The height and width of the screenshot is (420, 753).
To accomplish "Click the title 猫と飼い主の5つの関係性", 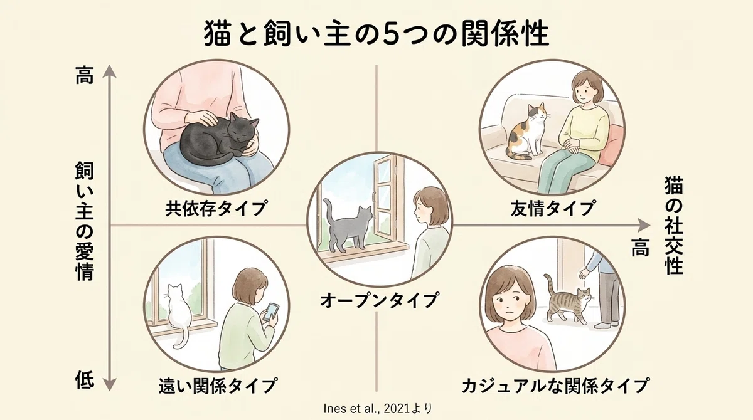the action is click(376, 34).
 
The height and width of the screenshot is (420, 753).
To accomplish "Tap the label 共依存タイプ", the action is click(216, 208).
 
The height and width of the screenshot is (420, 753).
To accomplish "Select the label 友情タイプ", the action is click(553, 208).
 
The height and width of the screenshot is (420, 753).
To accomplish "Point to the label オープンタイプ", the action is click(379, 300).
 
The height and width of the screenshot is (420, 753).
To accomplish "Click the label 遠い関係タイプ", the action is click(218, 386).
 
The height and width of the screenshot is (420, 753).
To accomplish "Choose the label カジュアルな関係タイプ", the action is click(555, 386).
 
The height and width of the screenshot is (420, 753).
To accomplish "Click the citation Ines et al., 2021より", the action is click(378, 408).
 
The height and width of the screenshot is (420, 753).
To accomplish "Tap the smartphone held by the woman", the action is click(271, 312).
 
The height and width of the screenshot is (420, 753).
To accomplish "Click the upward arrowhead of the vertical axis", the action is click(109, 71).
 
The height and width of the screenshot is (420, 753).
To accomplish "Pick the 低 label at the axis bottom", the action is click(84, 380).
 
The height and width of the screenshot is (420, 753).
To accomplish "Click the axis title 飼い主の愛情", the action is click(84, 221).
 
